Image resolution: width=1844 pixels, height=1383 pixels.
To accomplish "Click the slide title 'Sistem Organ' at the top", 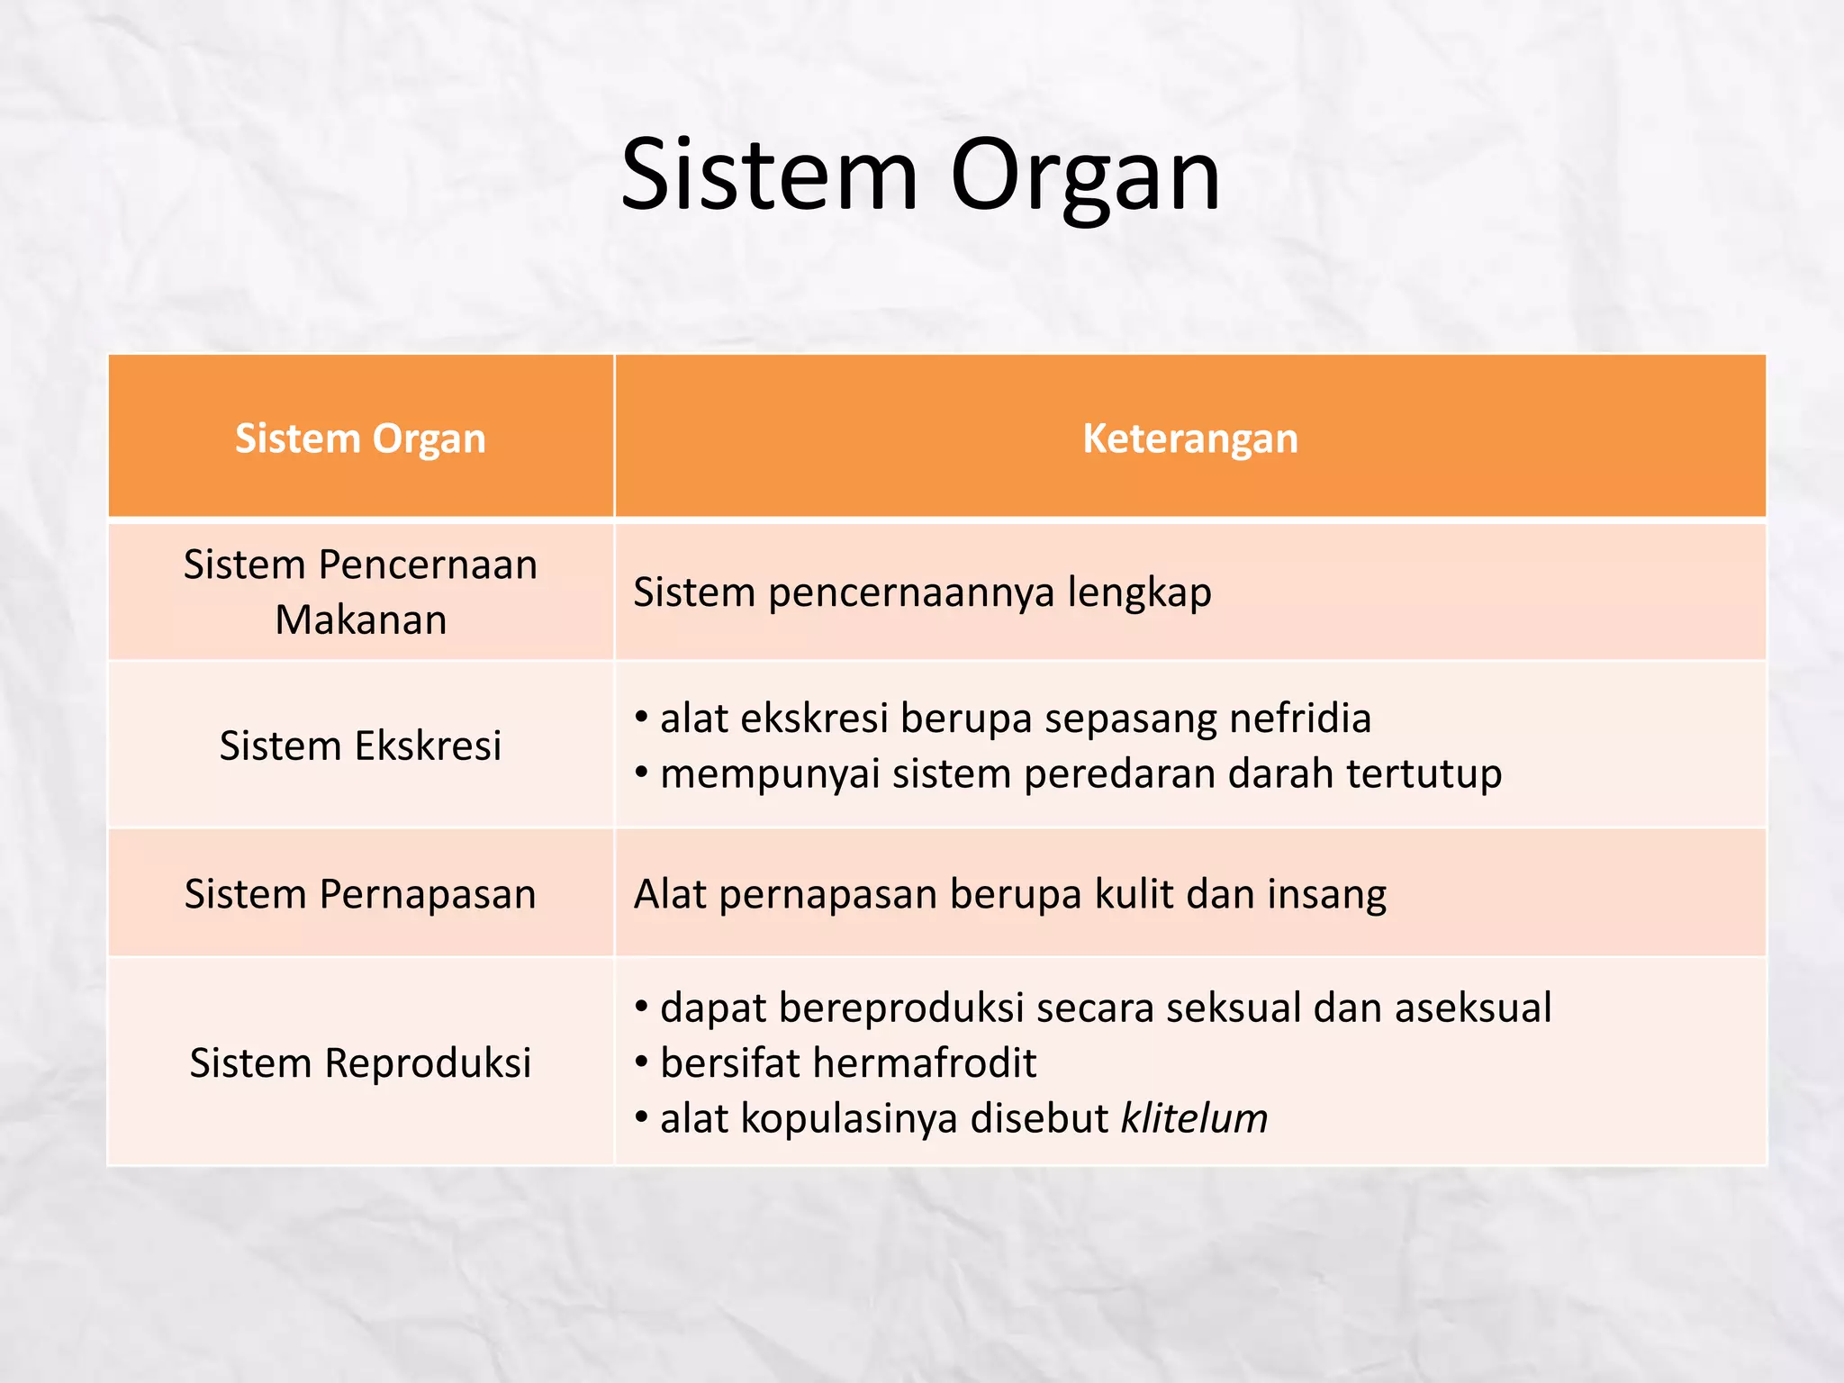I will coord(920,175).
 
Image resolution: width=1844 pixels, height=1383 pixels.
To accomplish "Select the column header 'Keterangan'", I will coord(1189,438).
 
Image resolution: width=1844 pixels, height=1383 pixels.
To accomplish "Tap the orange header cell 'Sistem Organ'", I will coord(360,438).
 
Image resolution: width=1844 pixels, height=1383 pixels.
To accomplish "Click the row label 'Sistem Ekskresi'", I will coord(360,746).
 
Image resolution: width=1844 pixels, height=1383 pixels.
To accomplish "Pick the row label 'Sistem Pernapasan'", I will coord(360,894).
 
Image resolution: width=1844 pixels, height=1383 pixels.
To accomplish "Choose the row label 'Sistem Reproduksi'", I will coord(360,1062).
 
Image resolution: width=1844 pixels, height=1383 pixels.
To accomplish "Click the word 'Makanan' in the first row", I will coord(360,619).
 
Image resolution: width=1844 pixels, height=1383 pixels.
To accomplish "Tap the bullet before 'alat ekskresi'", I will coord(641,719).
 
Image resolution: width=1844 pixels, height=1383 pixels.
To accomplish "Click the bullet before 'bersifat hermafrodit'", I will coord(641,1063).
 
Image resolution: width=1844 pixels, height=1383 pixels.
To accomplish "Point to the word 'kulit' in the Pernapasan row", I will coord(1134,894).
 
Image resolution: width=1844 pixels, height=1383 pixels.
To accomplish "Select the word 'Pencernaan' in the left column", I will coord(428,565).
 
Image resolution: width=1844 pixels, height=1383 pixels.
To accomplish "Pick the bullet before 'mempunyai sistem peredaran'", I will coord(641,774).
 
